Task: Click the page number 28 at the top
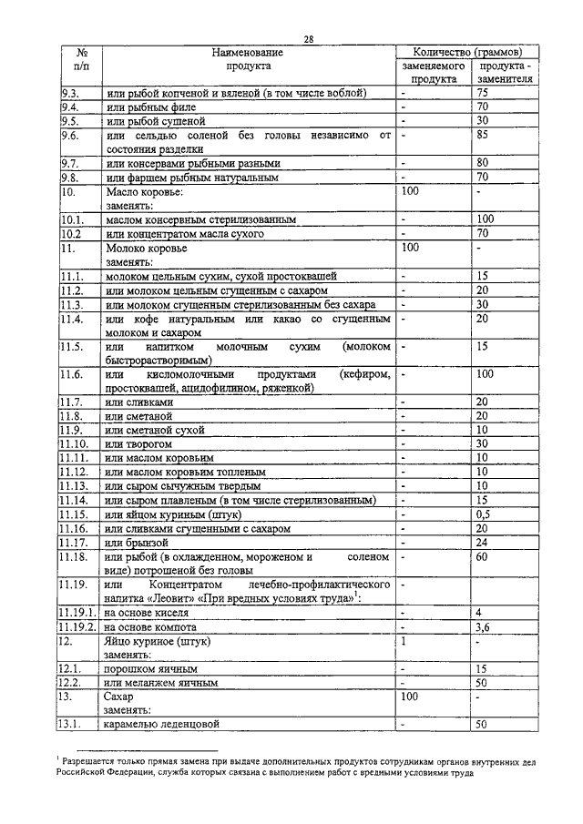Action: coord(309,37)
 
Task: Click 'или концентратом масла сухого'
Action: coord(185,234)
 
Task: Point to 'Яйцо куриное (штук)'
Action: coord(158,641)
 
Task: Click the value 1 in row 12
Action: coord(404,641)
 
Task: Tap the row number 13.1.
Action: coord(73,725)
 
